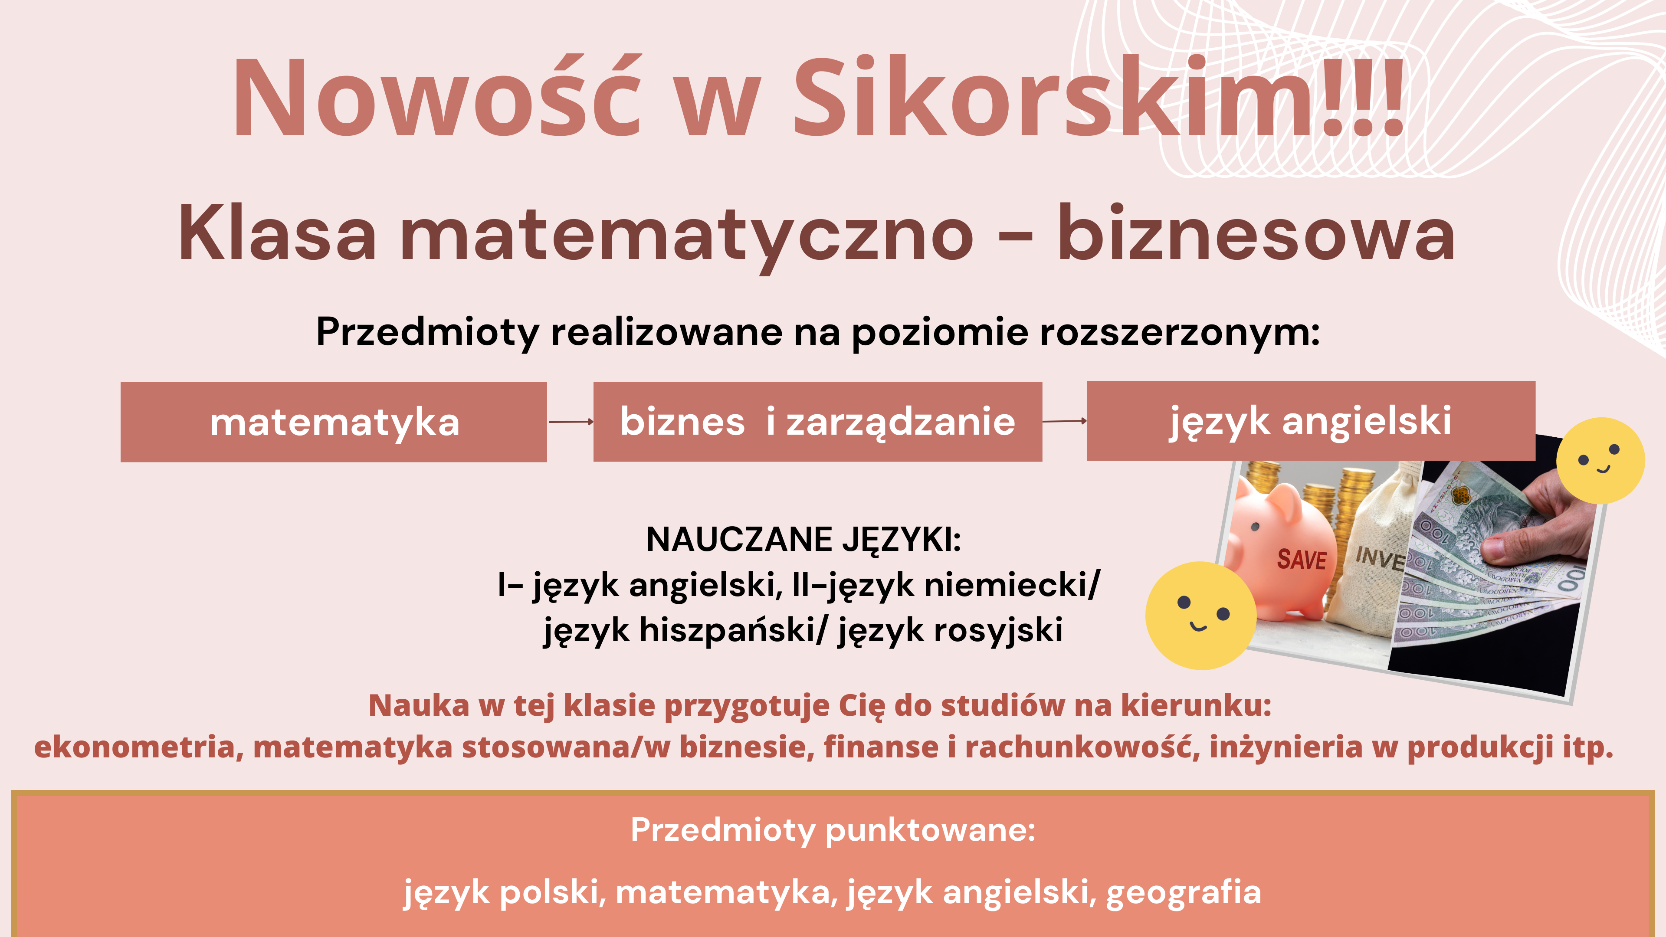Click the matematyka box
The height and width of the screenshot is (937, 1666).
(x=334, y=422)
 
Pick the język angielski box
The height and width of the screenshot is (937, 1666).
(x=1311, y=420)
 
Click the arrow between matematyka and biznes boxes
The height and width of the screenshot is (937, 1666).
(x=571, y=422)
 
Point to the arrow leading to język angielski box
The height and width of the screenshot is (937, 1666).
(x=1065, y=421)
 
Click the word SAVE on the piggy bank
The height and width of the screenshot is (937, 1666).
(x=1302, y=559)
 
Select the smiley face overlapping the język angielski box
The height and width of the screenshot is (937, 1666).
(x=1600, y=460)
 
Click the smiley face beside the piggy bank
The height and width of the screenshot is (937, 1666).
(x=1201, y=615)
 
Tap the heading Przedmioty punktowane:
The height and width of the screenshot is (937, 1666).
(x=833, y=830)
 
